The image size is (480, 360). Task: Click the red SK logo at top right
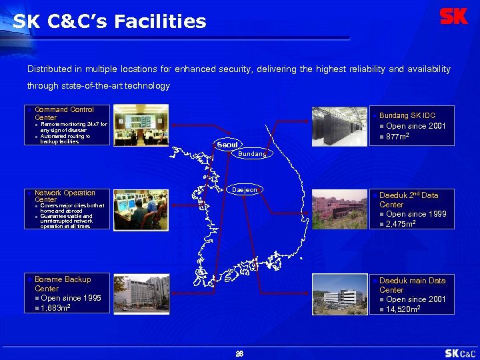tap(454, 17)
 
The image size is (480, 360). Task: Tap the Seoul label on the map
tap(226, 145)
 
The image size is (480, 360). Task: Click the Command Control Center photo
tap(141, 125)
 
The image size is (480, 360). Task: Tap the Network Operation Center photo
tap(141, 209)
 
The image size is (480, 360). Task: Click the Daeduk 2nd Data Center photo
tap(339, 209)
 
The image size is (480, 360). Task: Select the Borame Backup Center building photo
tap(141, 294)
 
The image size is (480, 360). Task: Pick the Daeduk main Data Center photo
tap(339, 294)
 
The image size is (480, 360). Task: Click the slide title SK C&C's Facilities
tap(109, 22)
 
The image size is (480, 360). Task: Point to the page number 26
tap(239, 353)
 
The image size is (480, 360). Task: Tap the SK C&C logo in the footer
tap(461, 353)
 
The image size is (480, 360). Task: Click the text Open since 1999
tap(416, 214)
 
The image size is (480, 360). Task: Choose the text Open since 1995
tap(71, 298)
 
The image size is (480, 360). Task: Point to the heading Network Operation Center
tap(65, 196)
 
